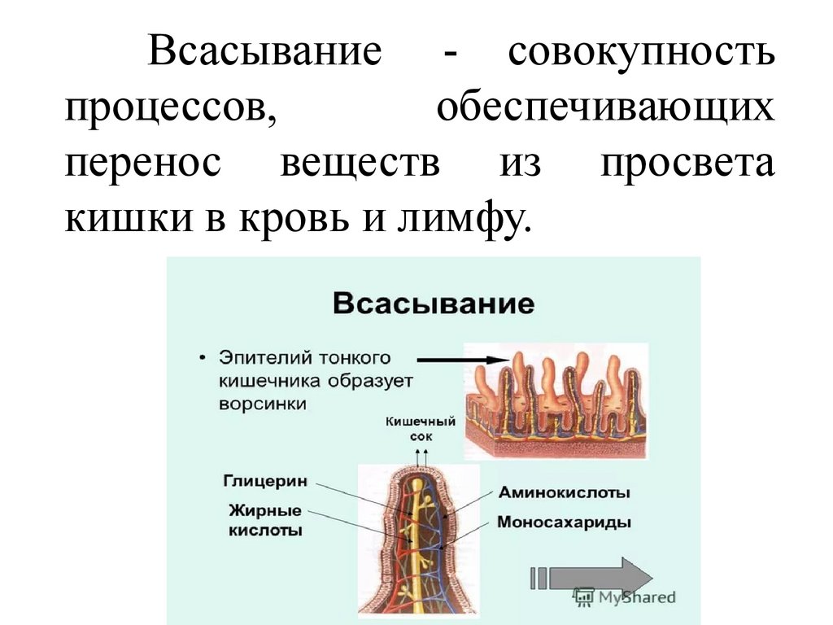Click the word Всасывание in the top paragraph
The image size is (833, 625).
[264, 54]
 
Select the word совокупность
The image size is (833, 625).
[641, 54]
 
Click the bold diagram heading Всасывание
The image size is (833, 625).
[433, 305]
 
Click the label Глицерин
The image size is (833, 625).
[265, 481]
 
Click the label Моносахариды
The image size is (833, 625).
[565, 522]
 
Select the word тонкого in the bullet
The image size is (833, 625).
[361, 358]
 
